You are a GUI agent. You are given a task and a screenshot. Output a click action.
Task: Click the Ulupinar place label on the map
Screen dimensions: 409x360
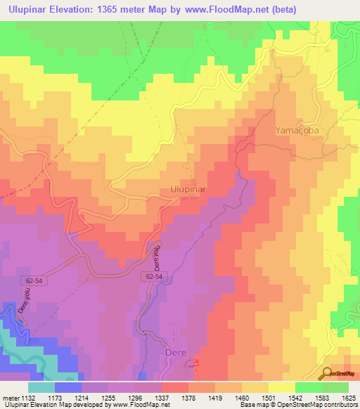pyautogui.click(x=188, y=190)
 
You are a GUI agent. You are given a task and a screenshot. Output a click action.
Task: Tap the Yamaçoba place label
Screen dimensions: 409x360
pyautogui.click(x=297, y=131)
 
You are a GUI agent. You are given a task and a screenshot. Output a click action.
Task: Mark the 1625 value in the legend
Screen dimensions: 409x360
pyautogui.click(x=349, y=397)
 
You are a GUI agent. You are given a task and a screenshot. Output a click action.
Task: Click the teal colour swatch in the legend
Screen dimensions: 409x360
pyautogui.click(x=41, y=387)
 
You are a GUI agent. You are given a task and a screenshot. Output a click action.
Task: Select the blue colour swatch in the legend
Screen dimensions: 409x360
pyautogui.click(x=68, y=387)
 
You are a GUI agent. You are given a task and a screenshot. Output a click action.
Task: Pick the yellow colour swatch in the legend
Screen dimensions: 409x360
pyautogui.click(x=281, y=387)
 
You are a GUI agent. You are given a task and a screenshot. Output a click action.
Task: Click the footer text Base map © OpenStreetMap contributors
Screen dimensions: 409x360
pyautogui.click(x=298, y=405)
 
